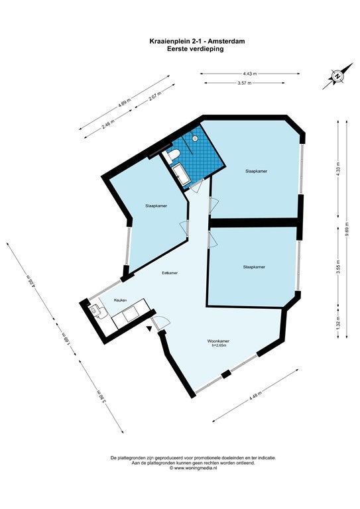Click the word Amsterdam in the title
pyautogui.click(x=226, y=41)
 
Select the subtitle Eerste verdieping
pyautogui.click(x=196, y=49)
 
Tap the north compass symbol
pyautogui.click(x=337, y=76)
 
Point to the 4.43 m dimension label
pyautogui.click(x=250, y=74)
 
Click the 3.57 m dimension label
pyautogui.click(x=245, y=83)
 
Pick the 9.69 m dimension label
pyautogui.click(x=347, y=229)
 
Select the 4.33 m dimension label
pyautogui.click(x=338, y=169)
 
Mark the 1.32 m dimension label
pyautogui.click(x=338, y=321)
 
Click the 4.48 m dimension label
pyautogui.click(x=255, y=397)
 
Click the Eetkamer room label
pyautogui.click(x=170, y=273)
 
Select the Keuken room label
pyautogui.click(x=121, y=300)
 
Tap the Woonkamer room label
pyautogui.click(x=218, y=341)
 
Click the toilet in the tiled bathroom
pyautogui.click(x=172, y=155)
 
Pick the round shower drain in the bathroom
pyautogui.click(x=195, y=139)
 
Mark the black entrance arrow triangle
pyautogui.click(x=149, y=329)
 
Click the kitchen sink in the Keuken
pyautogui.click(x=95, y=311)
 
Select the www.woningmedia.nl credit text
pyautogui.click(x=193, y=468)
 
